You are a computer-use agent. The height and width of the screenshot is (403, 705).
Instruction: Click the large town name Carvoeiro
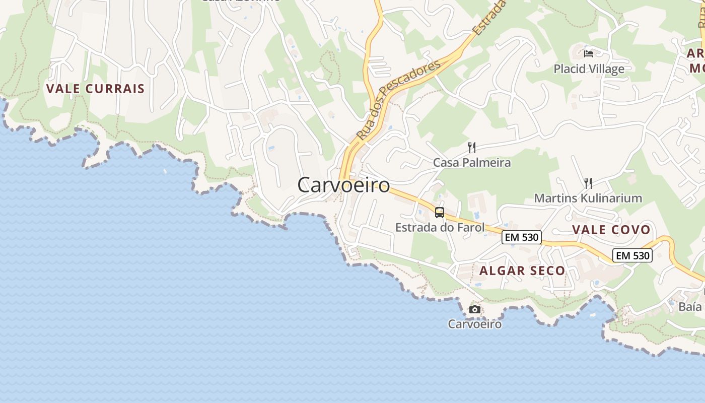[x=343, y=185]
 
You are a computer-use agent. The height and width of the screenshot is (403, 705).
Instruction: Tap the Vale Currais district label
[x=95, y=89]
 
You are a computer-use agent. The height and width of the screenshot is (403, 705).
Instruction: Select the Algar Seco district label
[x=522, y=271]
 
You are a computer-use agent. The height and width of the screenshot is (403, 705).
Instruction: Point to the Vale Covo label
[x=611, y=230]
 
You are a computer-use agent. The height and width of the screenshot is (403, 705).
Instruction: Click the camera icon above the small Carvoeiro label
[x=474, y=309]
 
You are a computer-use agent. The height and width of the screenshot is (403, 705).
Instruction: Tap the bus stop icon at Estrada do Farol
[x=440, y=213]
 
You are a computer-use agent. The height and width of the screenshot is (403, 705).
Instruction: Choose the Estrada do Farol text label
[x=440, y=227]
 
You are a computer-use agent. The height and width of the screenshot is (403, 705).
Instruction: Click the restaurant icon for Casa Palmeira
[x=472, y=148]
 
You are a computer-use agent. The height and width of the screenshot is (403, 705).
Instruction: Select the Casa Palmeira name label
[x=472, y=163]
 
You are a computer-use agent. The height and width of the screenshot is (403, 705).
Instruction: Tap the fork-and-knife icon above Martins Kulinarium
[x=587, y=183]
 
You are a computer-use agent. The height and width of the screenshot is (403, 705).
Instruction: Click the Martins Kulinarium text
[x=588, y=198]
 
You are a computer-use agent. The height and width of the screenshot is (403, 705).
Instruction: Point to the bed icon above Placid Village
[x=589, y=53]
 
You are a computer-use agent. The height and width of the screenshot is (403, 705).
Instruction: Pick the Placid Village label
[x=589, y=69]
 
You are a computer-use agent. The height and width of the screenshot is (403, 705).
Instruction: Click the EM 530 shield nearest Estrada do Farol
[x=521, y=237]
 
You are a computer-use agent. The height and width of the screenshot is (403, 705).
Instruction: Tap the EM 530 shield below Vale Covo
[x=632, y=255]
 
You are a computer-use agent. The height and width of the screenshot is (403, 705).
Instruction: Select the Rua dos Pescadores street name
[x=398, y=100]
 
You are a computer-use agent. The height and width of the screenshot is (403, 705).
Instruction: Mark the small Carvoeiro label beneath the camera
[x=474, y=324]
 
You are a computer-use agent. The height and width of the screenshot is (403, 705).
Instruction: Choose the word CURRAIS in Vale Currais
[x=116, y=89]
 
